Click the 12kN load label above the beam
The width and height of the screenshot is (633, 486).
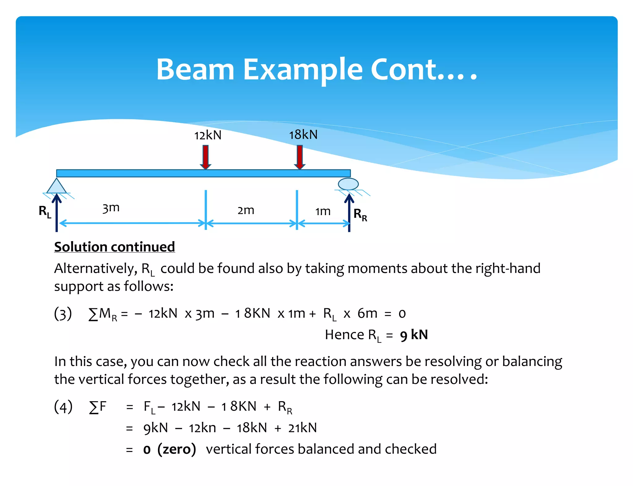click(208, 135)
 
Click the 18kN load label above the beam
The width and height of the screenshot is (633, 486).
click(303, 135)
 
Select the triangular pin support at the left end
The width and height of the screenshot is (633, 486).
click(57, 187)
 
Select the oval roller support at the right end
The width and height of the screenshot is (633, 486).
click(348, 184)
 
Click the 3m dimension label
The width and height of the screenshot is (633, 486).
click(111, 208)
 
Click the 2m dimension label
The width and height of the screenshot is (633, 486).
click(246, 210)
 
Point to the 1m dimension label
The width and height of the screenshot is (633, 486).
click(323, 211)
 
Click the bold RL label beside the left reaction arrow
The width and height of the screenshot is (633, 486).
click(45, 211)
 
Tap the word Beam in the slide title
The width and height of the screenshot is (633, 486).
click(195, 69)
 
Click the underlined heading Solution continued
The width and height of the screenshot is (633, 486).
click(114, 247)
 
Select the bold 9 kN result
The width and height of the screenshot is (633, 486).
click(414, 335)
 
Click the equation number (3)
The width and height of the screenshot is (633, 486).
click(63, 314)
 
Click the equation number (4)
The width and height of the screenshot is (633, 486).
click(63, 406)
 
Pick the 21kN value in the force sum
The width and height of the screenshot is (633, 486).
click(302, 428)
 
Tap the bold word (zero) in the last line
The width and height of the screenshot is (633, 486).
click(176, 449)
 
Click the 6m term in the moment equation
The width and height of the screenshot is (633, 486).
click(367, 314)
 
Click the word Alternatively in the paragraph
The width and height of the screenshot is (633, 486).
click(96, 268)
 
